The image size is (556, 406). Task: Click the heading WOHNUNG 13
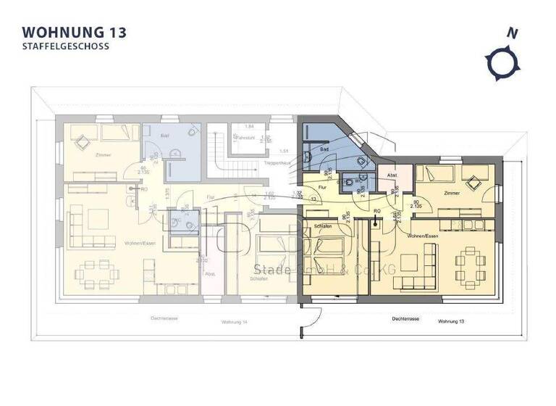[75, 32]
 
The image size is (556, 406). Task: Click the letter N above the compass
[513, 33]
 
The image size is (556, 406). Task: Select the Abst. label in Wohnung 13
[392, 176]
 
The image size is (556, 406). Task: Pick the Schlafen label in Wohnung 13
[323, 227]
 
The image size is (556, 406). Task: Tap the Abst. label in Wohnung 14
[211, 275]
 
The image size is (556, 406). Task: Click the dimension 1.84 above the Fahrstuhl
[248, 127]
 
